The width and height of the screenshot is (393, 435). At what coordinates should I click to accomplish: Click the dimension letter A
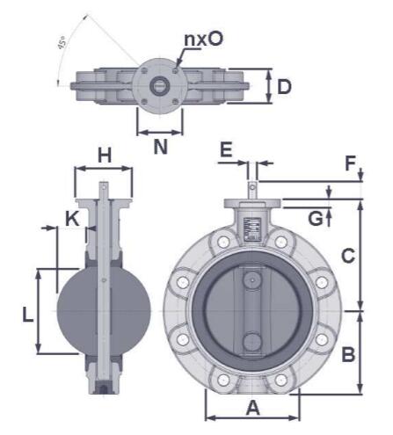(252, 408)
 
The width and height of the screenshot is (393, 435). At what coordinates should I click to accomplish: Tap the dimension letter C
(348, 256)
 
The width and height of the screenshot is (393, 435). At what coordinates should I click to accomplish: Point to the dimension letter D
(283, 86)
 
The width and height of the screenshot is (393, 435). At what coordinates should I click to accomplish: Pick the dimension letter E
(227, 150)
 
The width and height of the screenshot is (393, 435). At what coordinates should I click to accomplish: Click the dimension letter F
(351, 163)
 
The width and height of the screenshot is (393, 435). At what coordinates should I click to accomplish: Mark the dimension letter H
(105, 156)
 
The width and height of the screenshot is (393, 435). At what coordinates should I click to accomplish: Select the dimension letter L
(29, 313)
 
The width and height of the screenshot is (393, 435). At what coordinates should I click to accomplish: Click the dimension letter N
(160, 147)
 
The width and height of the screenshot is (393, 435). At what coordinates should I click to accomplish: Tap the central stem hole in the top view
(160, 85)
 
